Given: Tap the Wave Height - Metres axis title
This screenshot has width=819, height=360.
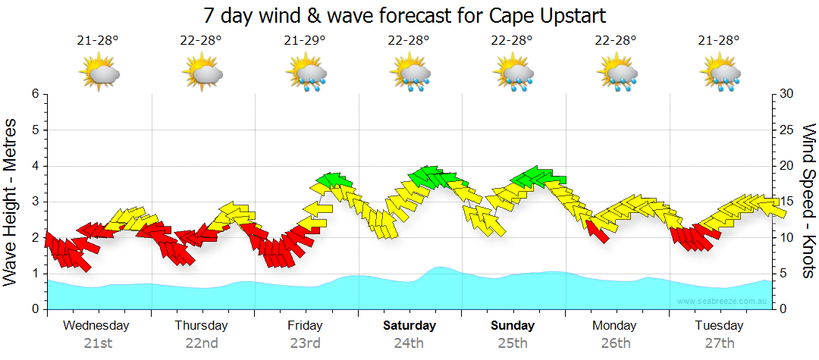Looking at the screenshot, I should (x=11, y=201).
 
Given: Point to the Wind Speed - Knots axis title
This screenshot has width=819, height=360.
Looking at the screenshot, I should (x=808, y=201).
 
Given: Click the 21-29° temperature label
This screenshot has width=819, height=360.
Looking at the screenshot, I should (x=306, y=41).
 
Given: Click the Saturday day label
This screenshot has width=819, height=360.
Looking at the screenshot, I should (x=409, y=326).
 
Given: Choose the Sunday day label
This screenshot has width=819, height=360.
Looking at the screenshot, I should (x=513, y=326).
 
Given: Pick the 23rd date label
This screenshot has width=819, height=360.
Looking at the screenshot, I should (x=305, y=343).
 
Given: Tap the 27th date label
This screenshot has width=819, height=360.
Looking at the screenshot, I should (x=720, y=343).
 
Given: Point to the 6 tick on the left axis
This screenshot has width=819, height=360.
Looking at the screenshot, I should (x=35, y=94).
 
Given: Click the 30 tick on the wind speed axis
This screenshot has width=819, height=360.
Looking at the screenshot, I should (x=788, y=94).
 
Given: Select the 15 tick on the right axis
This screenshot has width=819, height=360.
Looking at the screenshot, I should (x=788, y=202).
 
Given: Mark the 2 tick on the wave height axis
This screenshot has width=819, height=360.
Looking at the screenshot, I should (x=35, y=238).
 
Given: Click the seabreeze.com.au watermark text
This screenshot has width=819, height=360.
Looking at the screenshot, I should (x=723, y=302).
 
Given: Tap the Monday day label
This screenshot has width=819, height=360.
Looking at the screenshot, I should (x=616, y=326).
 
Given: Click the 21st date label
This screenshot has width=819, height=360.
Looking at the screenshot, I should (x=98, y=343).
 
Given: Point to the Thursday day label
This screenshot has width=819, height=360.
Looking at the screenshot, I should (x=201, y=326).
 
